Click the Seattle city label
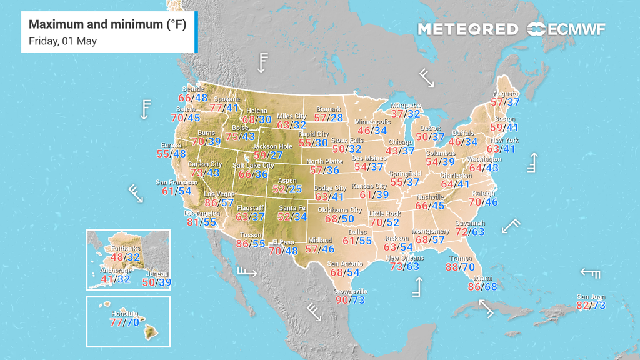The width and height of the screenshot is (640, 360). [x=193, y=89]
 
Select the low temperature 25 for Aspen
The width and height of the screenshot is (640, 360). [x=296, y=189]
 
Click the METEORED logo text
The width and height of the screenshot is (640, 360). [x=467, y=29]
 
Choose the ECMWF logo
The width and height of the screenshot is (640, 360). [x=566, y=29]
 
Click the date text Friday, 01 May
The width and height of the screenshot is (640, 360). [x=62, y=41]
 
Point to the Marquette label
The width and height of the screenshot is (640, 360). [x=406, y=105]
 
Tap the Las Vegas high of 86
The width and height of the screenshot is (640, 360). [x=211, y=203]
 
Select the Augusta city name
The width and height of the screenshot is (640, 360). [x=506, y=94]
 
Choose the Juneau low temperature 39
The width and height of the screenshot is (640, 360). [x=164, y=282]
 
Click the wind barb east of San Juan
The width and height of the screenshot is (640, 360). [x=591, y=272]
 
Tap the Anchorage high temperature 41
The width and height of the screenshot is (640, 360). [x=107, y=279]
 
